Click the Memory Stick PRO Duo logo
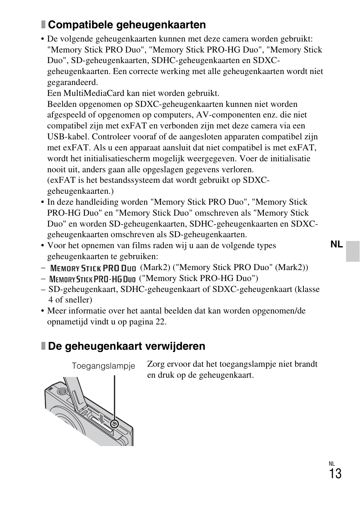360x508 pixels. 93,268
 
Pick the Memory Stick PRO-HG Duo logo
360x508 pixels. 92,279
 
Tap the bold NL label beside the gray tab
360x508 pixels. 336,244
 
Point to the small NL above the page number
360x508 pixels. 332,464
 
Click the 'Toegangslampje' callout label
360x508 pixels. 103,366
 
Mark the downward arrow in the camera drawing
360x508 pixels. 101,418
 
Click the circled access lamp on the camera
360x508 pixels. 115,424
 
